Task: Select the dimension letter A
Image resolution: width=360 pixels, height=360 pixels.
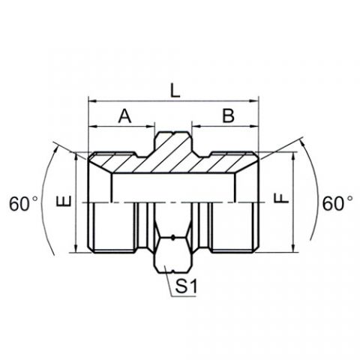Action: pos(124,116)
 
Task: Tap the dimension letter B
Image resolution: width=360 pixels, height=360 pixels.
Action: pos(229,115)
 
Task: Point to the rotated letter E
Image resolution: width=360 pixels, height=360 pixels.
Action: pos(64,202)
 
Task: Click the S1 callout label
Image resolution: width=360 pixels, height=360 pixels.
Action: pos(186,286)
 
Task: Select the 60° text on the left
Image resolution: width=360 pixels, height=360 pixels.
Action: pos(23,204)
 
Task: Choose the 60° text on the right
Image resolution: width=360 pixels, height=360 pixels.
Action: pos(337,203)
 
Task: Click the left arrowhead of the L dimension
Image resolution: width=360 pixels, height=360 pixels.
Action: pos(92,101)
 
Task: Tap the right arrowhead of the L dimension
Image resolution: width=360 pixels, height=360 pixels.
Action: pos(253,101)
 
